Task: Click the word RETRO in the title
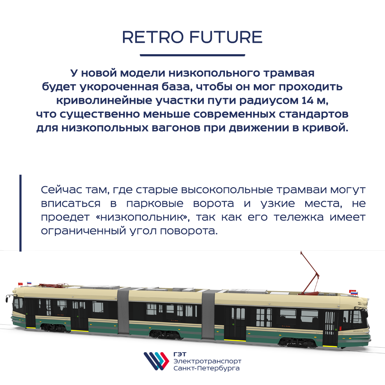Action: click(x=153, y=37)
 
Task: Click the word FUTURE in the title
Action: click(x=226, y=37)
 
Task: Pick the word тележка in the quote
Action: click(x=299, y=217)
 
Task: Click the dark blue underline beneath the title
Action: click(x=192, y=55)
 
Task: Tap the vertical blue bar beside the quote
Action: click(x=20, y=213)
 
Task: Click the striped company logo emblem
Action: click(x=156, y=361)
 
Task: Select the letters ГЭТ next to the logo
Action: click(x=180, y=354)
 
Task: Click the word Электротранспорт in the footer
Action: click(x=207, y=361)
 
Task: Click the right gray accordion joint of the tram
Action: click(x=208, y=315)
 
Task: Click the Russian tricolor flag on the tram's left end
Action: click(x=29, y=283)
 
